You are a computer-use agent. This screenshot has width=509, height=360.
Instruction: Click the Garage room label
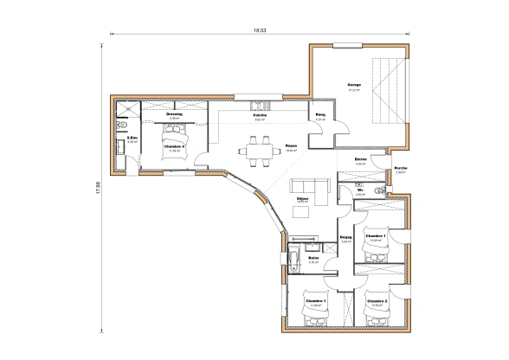coord(354,84)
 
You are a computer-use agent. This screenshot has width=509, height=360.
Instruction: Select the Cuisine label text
coord(258,116)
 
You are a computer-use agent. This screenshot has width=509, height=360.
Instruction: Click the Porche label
coord(401,168)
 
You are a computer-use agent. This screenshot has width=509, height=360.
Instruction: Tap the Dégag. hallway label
coord(345,237)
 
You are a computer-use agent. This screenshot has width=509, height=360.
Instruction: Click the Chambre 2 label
coord(377,301)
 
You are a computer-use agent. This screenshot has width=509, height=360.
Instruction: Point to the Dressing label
coord(173,113)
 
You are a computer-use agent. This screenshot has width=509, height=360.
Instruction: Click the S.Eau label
coord(132,137)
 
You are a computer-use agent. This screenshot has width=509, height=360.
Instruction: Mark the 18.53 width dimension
coord(259,30)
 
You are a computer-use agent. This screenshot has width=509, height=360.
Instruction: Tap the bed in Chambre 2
coord(378,318)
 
